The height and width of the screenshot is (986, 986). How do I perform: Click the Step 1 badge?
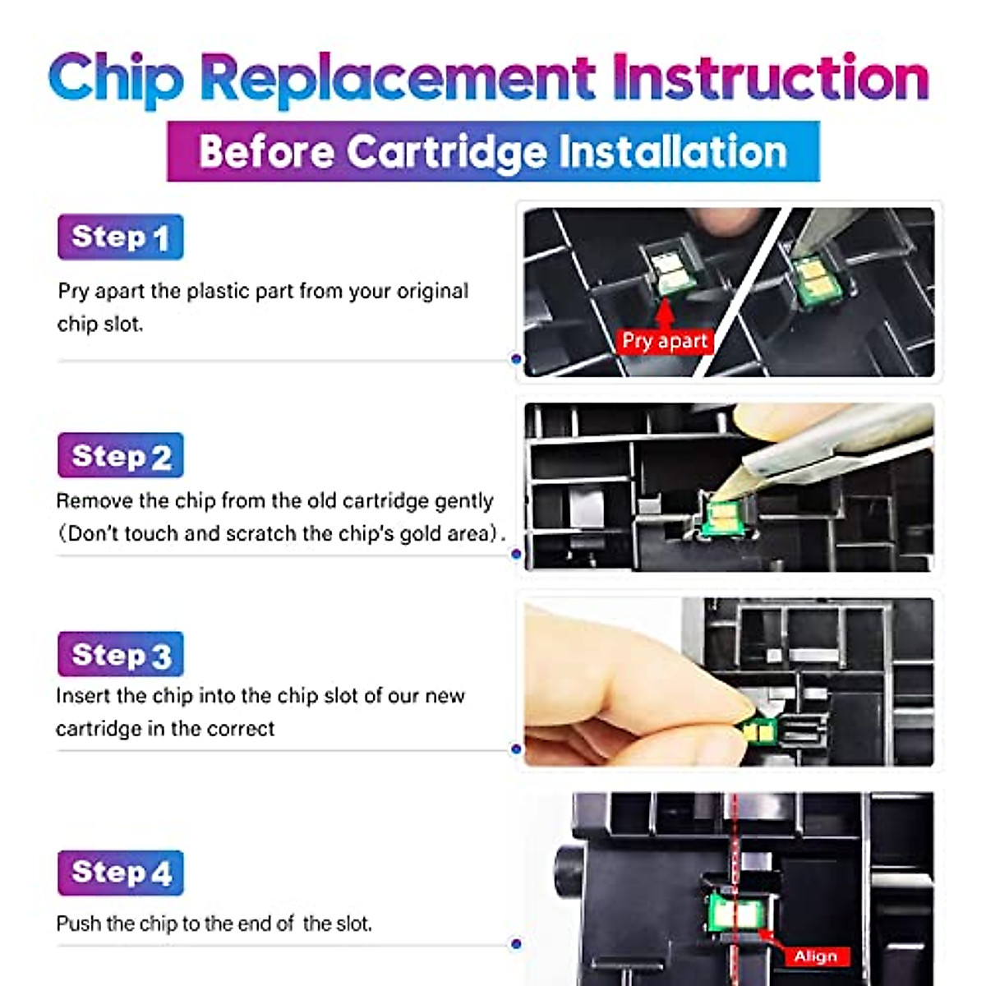click(x=120, y=237)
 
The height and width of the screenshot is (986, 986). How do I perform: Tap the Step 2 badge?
click(x=120, y=455)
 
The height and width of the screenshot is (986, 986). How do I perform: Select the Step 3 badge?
click(x=120, y=653)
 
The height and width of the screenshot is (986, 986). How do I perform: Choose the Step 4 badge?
click(x=120, y=873)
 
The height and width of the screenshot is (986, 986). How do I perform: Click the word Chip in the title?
click(x=116, y=80)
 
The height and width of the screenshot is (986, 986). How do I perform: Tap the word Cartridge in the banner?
click(x=447, y=152)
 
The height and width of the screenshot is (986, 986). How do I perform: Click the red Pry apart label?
click(x=664, y=341)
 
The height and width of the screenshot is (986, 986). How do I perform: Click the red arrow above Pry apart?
click(x=664, y=314)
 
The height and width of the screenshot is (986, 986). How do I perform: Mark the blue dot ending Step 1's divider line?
click(x=516, y=359)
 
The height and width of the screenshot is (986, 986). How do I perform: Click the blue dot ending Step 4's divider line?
click(x=516, y=943)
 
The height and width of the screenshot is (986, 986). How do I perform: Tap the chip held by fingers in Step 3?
click(x=759, y=732)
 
